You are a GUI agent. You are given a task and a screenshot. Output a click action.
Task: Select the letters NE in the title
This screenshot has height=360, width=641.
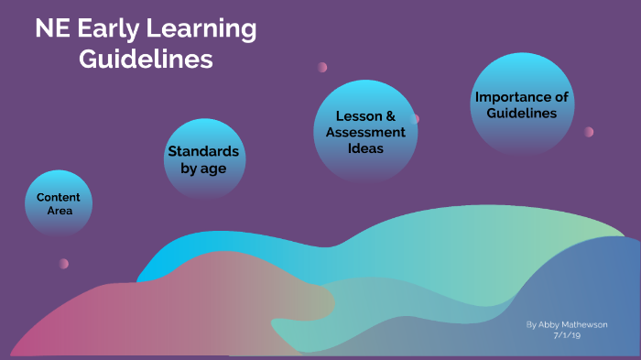click(50, 29)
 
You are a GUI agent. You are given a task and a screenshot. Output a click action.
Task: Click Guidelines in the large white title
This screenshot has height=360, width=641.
click(146, 60)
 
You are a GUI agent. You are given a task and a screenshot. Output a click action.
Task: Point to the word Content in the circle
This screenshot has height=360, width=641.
click(59, 197)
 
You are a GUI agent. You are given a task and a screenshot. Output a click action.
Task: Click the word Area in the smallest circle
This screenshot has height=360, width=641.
click(59, 211)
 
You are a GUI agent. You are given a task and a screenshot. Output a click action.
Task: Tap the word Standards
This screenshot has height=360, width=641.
click(203, 151)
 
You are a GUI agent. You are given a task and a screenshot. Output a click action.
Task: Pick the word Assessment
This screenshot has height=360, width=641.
click(365, 132)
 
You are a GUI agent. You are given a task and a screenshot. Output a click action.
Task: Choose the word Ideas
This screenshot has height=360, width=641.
click(365, 147)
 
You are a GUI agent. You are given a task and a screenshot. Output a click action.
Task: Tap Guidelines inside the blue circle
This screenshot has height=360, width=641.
click(521, 114)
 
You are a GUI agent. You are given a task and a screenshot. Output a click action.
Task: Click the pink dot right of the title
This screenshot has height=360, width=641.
click(322, 67)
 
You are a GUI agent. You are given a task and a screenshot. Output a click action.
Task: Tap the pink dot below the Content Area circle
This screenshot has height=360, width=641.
click(64, 264)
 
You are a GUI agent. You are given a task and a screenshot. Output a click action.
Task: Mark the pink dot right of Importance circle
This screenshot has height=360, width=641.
click(589, 132)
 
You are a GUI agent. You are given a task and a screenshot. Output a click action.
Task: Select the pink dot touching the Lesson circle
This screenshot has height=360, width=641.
click(415, 118)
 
